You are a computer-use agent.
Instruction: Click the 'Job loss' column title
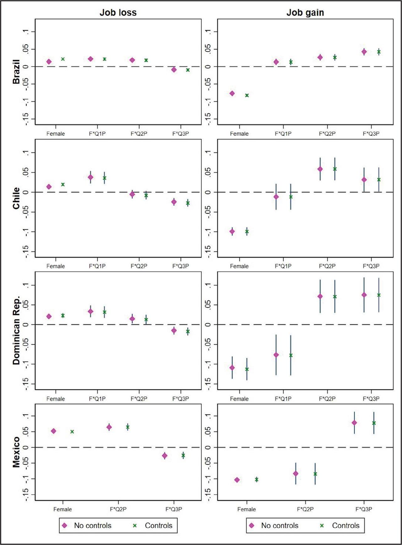pyautogui.click(x=118, y=13)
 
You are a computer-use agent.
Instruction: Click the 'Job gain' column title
pyautogui.click(x=305, y=13)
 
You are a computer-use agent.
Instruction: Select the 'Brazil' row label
pyautogui.click(x=16, y=72)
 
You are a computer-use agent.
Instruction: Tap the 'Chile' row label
pyautogui.click(x=16, y=198)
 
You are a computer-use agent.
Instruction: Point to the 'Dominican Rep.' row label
pyautogui.click(x=16, y=330)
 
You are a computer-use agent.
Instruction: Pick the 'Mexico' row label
pyautogui.click(x=16, y=452)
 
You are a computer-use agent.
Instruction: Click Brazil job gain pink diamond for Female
pyautogui.click(x=232, y=93)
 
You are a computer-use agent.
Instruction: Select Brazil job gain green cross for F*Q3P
pyautogui.click(x=379, y=52)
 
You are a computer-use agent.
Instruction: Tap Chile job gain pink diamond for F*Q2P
pyautogui.click(x=320, y=169)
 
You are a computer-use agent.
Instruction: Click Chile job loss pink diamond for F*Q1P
pyautogui.click(x=90, y=177)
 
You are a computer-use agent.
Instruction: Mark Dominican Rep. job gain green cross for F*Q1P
pyautogui.click(x=291, y=355)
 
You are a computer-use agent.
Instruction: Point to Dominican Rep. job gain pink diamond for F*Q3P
pyautogui.click(x=364, y=295)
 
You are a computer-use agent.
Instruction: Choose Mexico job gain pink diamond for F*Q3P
pyautogui.click(x=354, y=423)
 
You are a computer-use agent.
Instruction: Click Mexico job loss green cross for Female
pyautogui.click(x=72, y=432)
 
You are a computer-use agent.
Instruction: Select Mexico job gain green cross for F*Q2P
pyautogui.click(x=315, y=474)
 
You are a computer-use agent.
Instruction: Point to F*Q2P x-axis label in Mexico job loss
pyautogui.click(x=118, y=509)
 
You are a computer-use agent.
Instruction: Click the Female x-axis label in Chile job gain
pyautogui.click(x=239, y=266)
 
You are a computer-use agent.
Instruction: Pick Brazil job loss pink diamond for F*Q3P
pyautogui.click(x=174, y=69)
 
